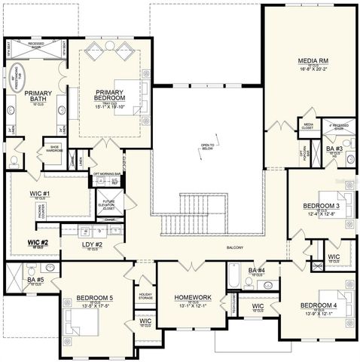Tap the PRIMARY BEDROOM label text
pyautogui.click(x=110, y=96)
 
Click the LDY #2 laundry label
pyautogui.click(x=92, y=244)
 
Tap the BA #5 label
pyautogui.click(x=35, y=280)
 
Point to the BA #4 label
pyautogui.click(x=256, y=271)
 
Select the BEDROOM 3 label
pyautogui.click(x=322, y=206)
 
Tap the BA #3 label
pyautogui.click(x=334, y=149)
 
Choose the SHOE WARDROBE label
pyautogui.click(x=55, y=148)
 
